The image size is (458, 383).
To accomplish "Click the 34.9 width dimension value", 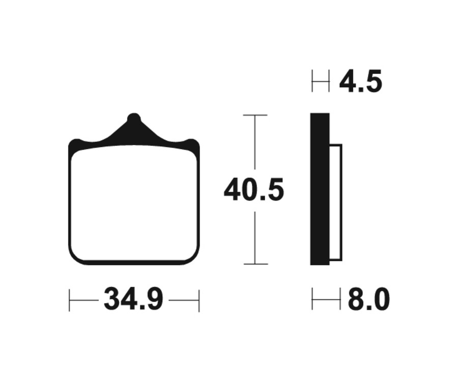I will (133, 300).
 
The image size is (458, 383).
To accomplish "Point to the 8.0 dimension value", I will (368, 300).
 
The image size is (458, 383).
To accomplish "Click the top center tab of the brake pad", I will (133, 122).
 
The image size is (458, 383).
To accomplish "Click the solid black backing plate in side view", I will (320, 189).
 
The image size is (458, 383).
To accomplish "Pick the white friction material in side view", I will (335, 202).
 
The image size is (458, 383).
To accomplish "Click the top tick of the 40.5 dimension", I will (255, 116).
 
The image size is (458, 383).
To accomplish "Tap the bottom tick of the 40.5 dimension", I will (255, 264).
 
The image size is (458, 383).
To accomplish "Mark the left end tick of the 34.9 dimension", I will (69, 300).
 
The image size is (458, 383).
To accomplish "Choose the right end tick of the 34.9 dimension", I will (199, 300).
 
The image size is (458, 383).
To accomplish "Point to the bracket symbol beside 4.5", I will (321, 81).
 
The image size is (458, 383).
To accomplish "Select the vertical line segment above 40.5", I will (255, 145).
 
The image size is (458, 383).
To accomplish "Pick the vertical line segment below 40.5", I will (255, 237).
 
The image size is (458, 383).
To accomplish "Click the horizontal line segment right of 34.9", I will (183, 300).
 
